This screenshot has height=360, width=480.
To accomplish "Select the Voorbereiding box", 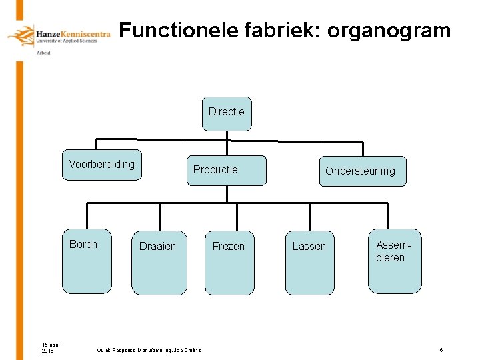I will (x=101, y=165).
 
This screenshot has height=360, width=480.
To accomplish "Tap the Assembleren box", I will (x=395, y=261).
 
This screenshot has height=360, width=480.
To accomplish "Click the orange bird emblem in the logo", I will (x=21, y=36).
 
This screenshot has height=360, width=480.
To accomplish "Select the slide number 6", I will (x=441, y=351).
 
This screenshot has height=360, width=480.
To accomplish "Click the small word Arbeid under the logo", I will (x=43, y=53).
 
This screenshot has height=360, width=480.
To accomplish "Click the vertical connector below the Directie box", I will (x=227, y=136).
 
